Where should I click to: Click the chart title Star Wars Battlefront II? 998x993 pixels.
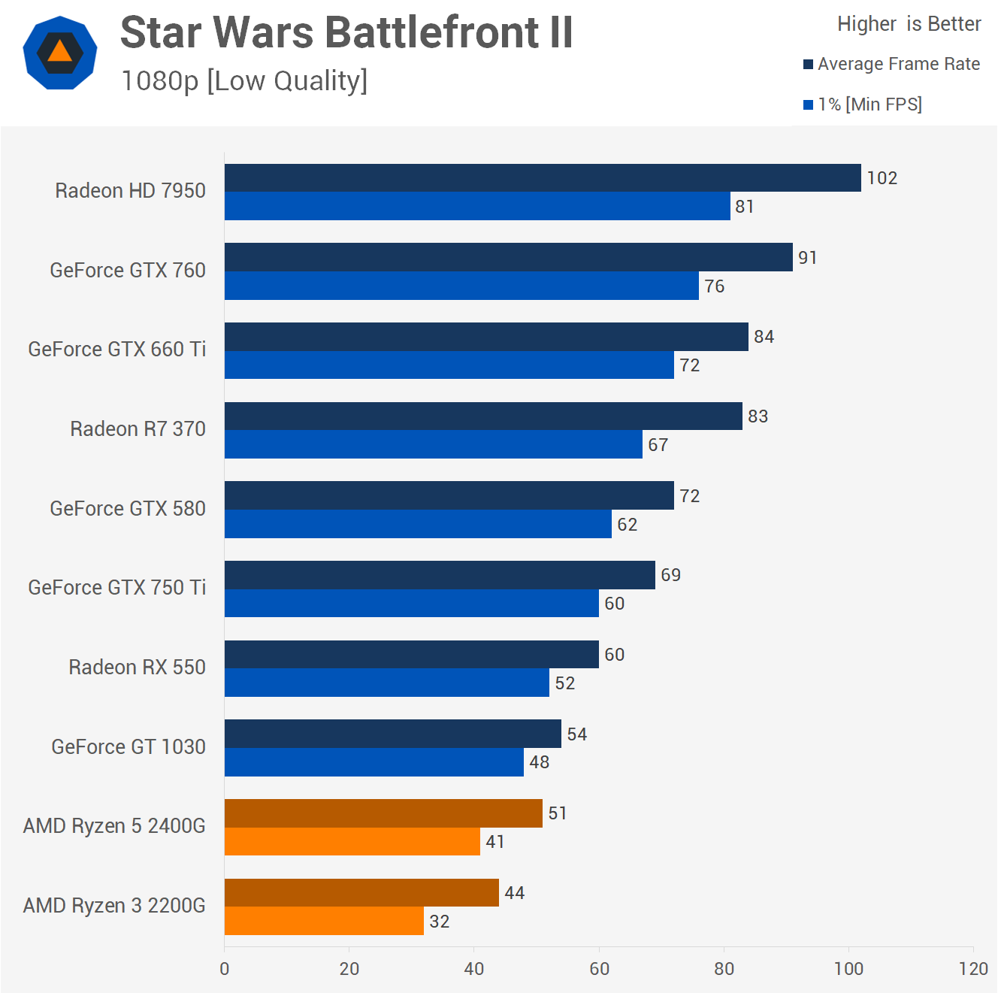pos(346,32)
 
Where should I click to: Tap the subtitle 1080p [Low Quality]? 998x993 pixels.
pos(244,80)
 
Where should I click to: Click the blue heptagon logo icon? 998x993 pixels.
pos(60,53)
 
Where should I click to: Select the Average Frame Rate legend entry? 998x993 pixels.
pos(891,64)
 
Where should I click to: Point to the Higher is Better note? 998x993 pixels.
pos(909,24)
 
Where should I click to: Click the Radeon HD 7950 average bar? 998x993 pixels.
pos(543,178)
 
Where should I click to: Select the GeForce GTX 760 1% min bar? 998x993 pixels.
pos(461,286)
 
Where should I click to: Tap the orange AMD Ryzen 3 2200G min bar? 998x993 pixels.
pos(324,921)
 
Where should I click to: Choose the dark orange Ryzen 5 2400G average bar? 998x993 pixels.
pos(383,813)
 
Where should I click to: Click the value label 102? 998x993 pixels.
pos(882,178)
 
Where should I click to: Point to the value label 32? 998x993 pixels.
pos(440,922)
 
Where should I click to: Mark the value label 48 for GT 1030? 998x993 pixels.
pos(540,762)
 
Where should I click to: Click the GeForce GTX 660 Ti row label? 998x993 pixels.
pos(117,350)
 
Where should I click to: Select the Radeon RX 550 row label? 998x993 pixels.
pos(137,668)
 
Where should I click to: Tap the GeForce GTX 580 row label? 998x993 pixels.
pos(128,509)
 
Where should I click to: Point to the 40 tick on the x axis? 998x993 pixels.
pos(474,969)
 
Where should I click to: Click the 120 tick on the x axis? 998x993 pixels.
pos(973,969)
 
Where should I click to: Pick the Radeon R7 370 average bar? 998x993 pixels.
pos(483,416)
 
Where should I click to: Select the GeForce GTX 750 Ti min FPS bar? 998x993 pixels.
pos(412,604)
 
